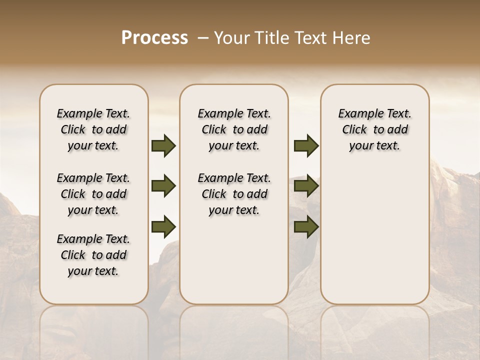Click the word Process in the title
[154, 38]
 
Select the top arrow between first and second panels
[163, 146]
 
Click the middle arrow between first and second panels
[163, 186]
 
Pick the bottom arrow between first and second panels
[163, 227]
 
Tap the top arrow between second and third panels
[306, 146]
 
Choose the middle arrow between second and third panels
[306, 186]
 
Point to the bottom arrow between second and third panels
[306, 227]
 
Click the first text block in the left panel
[93, 129]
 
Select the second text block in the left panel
[93, 194]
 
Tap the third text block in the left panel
[93, 255]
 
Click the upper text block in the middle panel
[234, 129]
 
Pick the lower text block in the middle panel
[234, 194]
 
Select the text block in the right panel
[374, 129]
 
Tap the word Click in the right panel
[354, 129]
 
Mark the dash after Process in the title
[202, 38]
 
